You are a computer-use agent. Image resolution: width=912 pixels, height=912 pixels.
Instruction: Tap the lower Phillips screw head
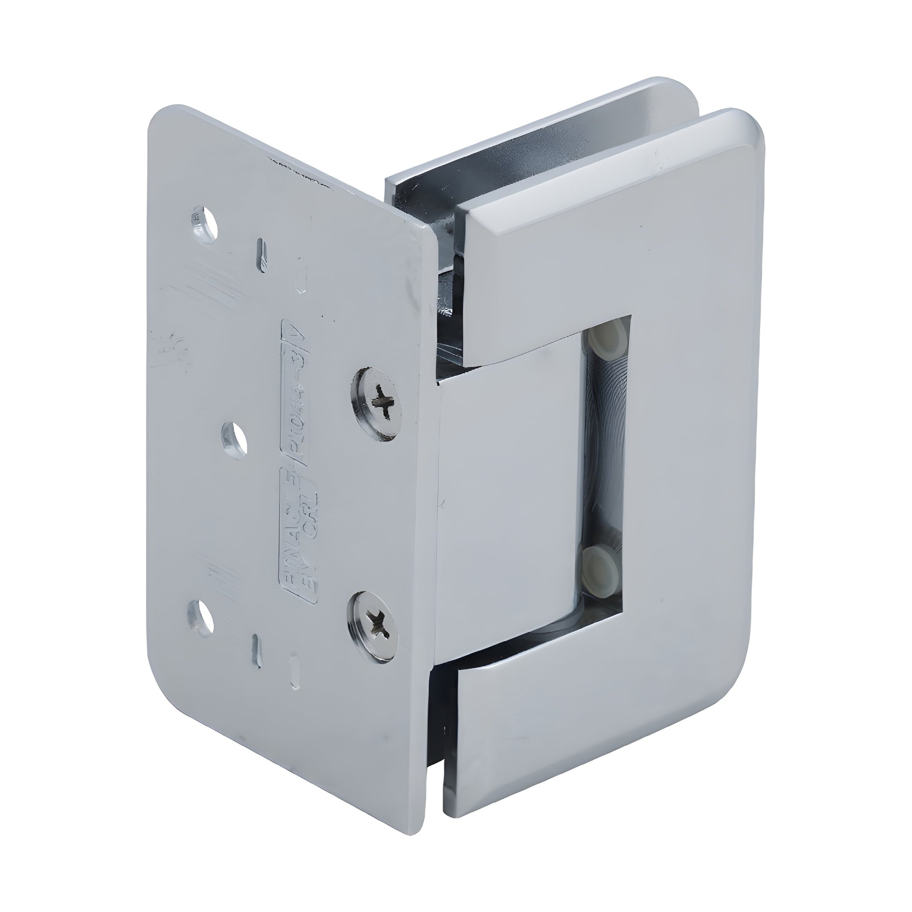[373, 622]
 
